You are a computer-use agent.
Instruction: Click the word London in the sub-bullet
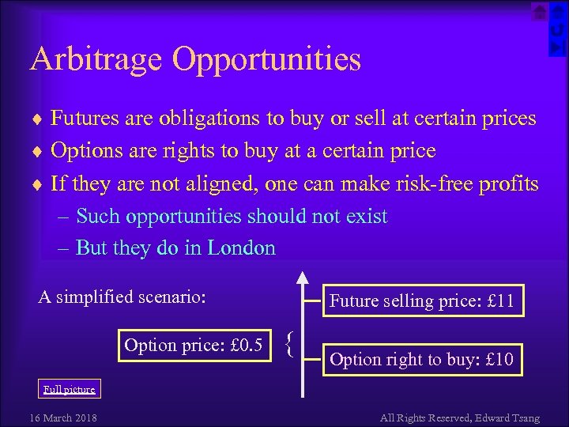241,248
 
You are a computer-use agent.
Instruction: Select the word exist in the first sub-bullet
364,217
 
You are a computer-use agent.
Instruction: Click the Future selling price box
422,300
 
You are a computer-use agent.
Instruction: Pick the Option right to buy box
422,361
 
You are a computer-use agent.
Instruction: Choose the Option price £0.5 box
194,345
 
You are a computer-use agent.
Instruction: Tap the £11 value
501,300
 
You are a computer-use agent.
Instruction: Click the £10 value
500,361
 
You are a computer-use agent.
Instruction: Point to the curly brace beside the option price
290,343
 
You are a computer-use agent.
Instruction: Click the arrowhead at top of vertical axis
303,277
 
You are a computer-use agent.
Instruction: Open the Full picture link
69,389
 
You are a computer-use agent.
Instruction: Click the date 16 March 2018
63,418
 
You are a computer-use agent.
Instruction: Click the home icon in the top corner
538,11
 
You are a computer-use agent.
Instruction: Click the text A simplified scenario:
122,297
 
